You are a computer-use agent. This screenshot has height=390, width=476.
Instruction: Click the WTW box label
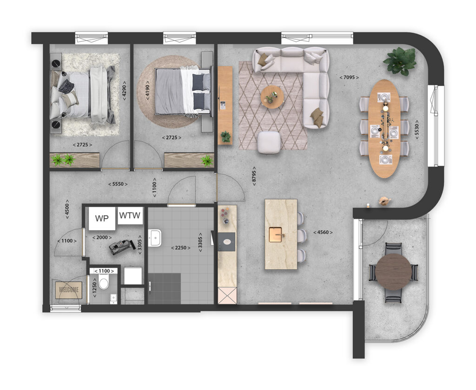130,215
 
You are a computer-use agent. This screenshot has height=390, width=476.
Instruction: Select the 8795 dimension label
254,176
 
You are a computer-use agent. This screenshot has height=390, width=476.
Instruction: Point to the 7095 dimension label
349,77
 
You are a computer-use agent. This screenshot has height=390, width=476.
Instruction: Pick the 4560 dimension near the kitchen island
323,232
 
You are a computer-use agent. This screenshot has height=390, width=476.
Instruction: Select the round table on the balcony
393,272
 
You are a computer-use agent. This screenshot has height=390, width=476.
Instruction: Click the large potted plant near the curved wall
400,60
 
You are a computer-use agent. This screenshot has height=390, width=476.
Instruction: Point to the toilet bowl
104,281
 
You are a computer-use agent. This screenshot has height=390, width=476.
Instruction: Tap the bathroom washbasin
154,237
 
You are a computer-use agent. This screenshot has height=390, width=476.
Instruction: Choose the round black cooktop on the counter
227,240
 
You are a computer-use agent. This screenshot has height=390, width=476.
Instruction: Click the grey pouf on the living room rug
269,142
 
